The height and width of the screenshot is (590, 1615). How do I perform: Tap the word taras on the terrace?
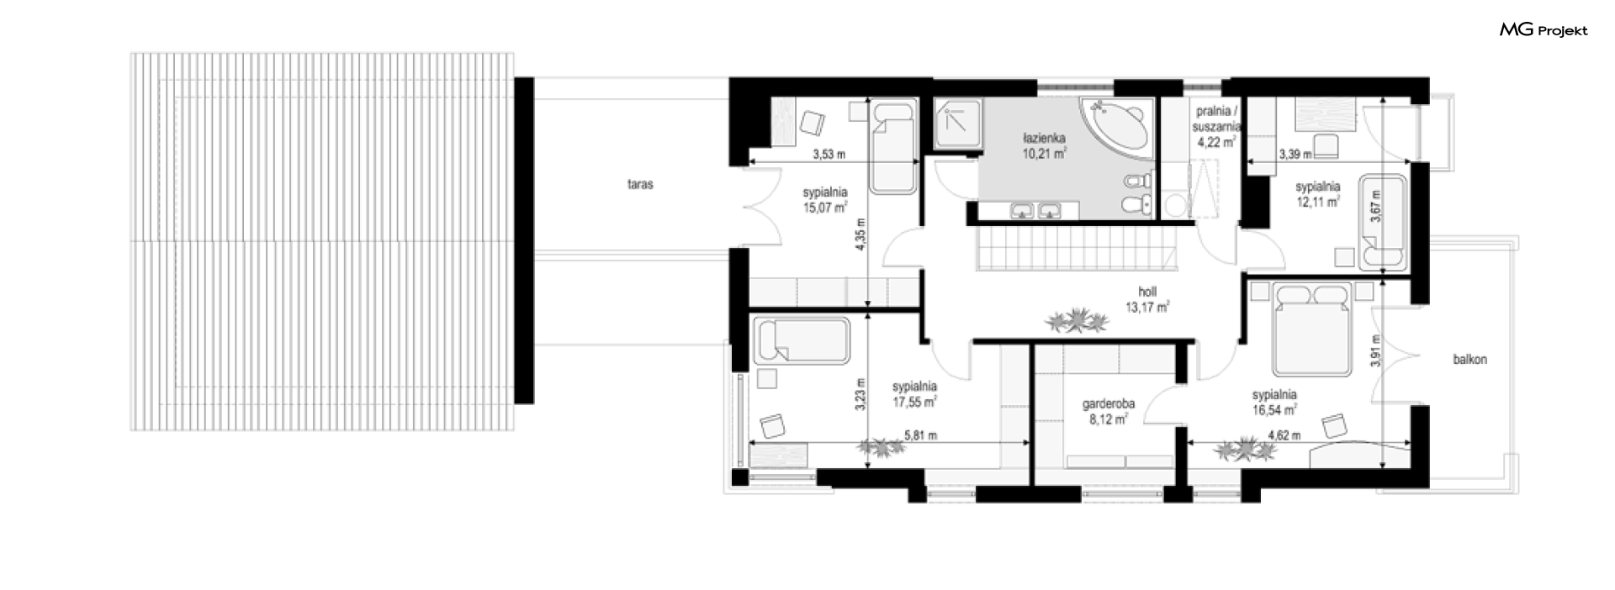click(640, 184)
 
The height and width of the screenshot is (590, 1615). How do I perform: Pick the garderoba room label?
click(1109, 403)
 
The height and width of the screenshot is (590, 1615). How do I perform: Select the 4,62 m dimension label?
click(1284, 435)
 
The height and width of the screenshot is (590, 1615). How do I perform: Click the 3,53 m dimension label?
click(829, 154)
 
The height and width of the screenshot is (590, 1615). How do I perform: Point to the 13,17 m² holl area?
click(1147, 307)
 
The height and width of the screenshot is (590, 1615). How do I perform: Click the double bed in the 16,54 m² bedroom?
click(1312, 329)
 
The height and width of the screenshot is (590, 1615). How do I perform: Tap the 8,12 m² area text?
click(1109, 418)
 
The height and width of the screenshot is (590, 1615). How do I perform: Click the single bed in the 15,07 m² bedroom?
click(892, 147)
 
